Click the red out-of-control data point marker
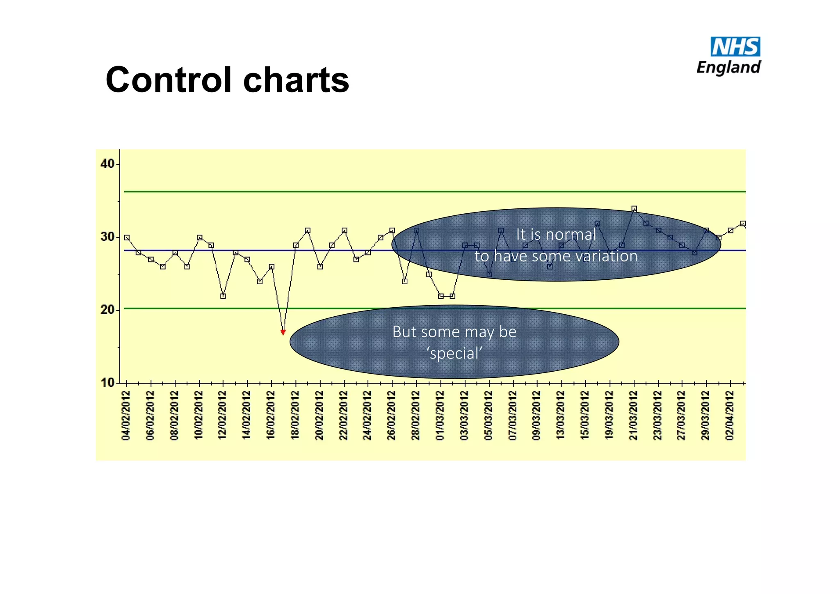[283, 332]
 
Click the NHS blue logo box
[735, 46]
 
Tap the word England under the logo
[729, 67]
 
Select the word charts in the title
[296, 80]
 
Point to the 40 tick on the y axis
[107, 164]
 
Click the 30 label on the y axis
[107, 237]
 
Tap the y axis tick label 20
[107, 310]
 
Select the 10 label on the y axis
[107, 383]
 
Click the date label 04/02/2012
[126, 416]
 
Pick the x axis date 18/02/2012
[295, 416]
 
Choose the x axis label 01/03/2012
[441, 416]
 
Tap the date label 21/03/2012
[634, 416]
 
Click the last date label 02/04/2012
[730, 416]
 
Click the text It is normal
[556, 235]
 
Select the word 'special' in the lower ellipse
[454, 353]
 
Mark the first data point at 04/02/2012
[127, 238]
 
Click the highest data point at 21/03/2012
[634, 209]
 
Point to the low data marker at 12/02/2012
[223, 296]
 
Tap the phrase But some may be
[454, 331]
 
